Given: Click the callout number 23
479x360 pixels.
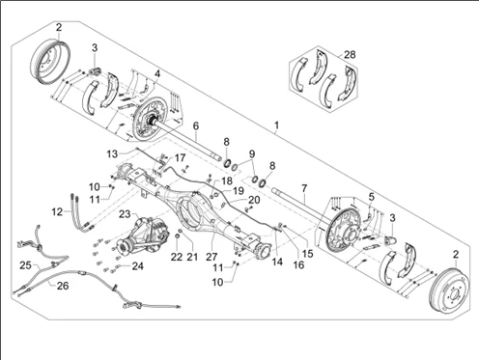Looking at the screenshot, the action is pos(125,214).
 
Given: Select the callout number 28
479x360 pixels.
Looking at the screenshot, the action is pos(350,54).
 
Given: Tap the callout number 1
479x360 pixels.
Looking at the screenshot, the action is pos(276,125).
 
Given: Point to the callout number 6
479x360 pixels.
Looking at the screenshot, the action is pos(196,125).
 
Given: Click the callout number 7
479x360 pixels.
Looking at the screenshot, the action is pos(304,188).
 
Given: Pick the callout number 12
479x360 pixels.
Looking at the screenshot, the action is pos(57,212).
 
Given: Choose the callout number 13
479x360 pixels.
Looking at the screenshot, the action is pos(112,154).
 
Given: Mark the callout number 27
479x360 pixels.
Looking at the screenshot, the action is pos(211,257).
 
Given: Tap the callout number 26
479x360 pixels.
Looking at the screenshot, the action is pos(63,286).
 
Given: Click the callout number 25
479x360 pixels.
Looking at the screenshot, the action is pos(25,265).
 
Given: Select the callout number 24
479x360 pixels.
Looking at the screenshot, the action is pos(137,266).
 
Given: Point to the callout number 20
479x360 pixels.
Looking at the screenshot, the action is pos(254,200).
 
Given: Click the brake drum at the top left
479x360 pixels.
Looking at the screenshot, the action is pos(50,61).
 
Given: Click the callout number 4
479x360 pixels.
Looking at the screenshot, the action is pos(157,73).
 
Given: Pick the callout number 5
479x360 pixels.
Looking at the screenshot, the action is pos(372,196).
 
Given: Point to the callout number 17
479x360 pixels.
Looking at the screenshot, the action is pos(180,158).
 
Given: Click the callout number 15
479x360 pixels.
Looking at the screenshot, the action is pos(308,253).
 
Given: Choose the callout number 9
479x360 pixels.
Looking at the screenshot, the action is pos(252,152).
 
